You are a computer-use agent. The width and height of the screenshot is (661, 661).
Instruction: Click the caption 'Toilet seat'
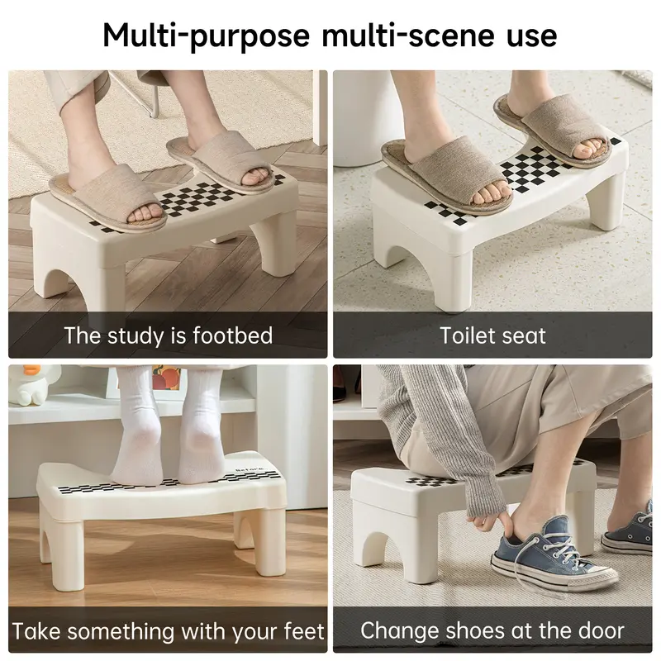493,335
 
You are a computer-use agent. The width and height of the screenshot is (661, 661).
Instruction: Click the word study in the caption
136,335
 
